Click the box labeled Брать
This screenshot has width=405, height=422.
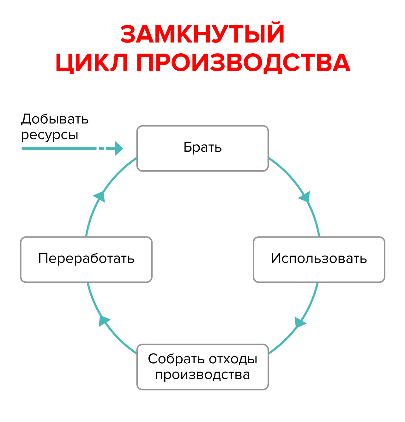point(202,148)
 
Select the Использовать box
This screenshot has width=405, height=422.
point(319,259)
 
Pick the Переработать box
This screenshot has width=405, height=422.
point(86,259)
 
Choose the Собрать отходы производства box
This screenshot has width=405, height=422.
point(202,367)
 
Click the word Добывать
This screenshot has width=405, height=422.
point(55,119)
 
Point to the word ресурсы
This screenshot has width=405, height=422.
point(50,135)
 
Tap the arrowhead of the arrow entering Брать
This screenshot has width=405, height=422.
point(118,148)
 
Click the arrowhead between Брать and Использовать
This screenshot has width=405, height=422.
point(305,197)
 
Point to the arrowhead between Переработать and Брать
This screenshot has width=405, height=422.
point(100,196)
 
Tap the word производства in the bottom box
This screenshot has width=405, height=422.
point(202,375)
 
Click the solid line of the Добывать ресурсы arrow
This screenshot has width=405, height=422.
point(58,148)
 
